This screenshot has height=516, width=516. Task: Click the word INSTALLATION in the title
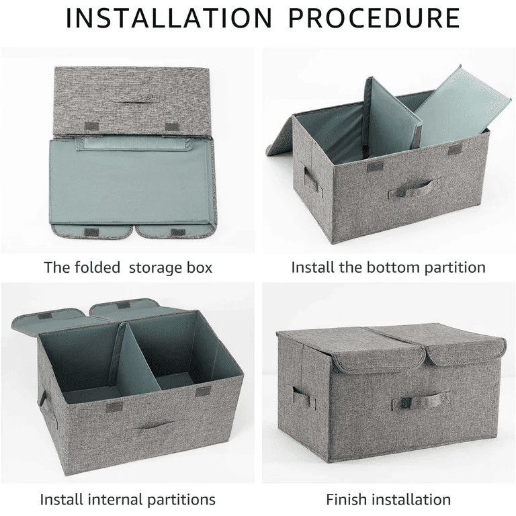[x=169, y=17]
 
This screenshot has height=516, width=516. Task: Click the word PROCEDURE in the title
[x=374, y=17]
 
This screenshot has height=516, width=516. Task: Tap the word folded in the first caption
[x=97, y=267]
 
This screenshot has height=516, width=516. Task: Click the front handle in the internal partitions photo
[x=155, y=427]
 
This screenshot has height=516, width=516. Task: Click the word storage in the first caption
[x=154, y=267]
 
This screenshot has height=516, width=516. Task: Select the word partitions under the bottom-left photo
[x=181, y=499]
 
